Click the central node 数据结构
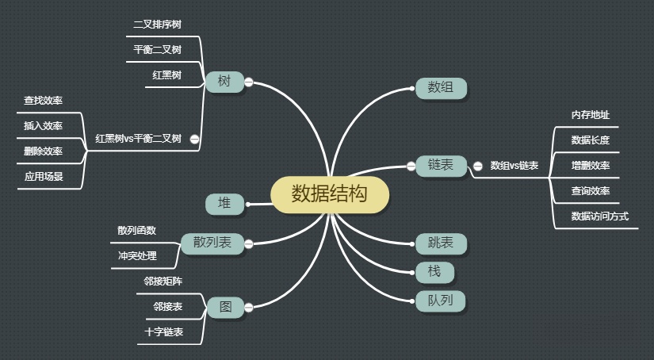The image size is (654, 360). pyautogui.click(x=330, y=194)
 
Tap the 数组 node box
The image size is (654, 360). pyautogui.click(x=441, y=88)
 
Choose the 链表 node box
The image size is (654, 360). pyautogui.click(x=441, y=165)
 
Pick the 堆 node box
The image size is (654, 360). pyautogui.click(x=225, y=204)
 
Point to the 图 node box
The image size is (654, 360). pyautogui.click(x=225, y=307)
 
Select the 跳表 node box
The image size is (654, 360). pyautogui.click(x=441, y=243)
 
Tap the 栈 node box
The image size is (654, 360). pyautogui.click(x=434, y=272)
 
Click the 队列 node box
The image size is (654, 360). pyautogui.click(x=441, y=301)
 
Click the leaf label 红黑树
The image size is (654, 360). pyautogui.click(x=167, y=75)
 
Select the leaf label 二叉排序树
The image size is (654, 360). pyautogui.click(x=157, y=25)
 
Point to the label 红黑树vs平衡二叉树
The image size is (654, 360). pyautogui.click(x=138, y=138)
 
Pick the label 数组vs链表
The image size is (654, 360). pyautogui.click(x=514, y=166)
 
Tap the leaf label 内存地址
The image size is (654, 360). pyautogui.click(x=591, y=115)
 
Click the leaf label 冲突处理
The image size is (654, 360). pyautogui.click(x=137, y=255)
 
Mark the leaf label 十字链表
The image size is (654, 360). pyautogui.click(x=164, y=332)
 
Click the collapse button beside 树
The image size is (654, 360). pyautogui.click(x=248, y=82)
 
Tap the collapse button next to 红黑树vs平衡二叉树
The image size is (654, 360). pyautogui.click(x=194, y=139)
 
